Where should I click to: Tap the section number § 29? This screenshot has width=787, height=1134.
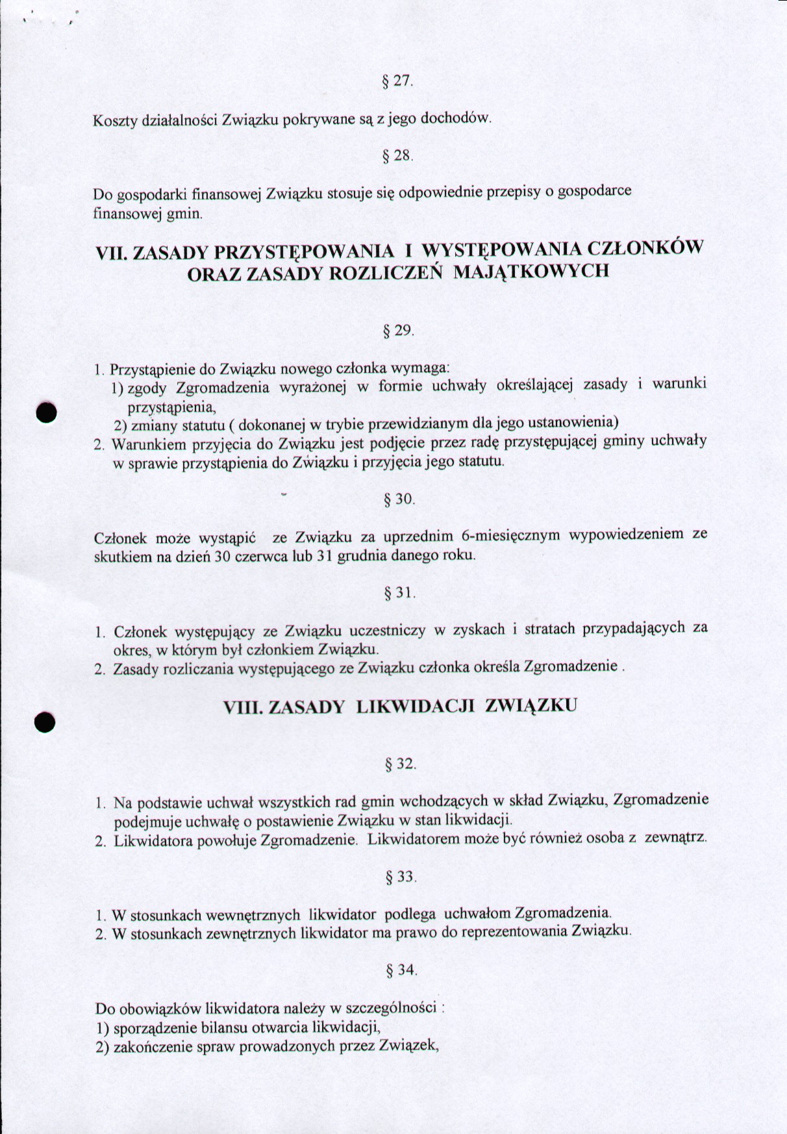pyautogui.click(x=398, y=331)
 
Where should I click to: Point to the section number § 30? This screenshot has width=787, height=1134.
pyautogui.click(x=399, y=499)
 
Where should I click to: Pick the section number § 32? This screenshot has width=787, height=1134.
pyautogui.click(x=400, y=764)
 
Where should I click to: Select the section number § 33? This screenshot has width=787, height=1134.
pyautogui.click(x=400, y=877)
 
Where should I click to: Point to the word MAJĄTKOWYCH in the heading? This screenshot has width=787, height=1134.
pyautogui.click(x=531, y=271)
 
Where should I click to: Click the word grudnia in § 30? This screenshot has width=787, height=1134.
pyautogui.click(x=359, y=556)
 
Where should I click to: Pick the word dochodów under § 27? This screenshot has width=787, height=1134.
pyautogui.click(x=456, y=118)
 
